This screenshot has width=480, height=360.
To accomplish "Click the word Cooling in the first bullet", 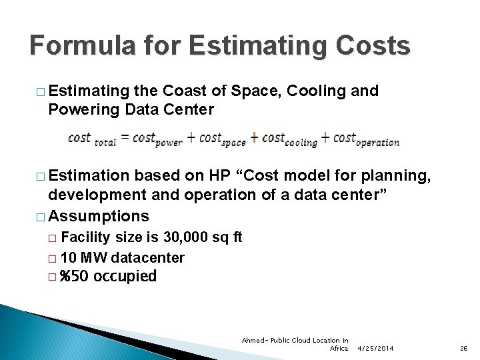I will (x=317, y=91).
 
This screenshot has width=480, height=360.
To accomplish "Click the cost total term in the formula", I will (x=92, y=139).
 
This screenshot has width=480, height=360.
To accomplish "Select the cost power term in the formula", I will (x=157, y=139).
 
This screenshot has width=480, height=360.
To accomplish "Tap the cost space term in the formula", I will (x=223, y=139).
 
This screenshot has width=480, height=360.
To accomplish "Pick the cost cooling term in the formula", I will (x=289, y=139).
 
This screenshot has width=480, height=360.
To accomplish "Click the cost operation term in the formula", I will (x=366, y=139).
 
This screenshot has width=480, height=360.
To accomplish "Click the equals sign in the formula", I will (x=123, y=138).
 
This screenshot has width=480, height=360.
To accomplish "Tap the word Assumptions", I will (x=99, y=216).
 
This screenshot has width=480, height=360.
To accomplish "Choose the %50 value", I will (x=74, y=276).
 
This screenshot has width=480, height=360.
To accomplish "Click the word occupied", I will (x=125, y=276).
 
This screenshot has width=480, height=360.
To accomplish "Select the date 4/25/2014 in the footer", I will (x=375, y=348).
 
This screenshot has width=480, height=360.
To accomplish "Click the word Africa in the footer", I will (x=339, y=348).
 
